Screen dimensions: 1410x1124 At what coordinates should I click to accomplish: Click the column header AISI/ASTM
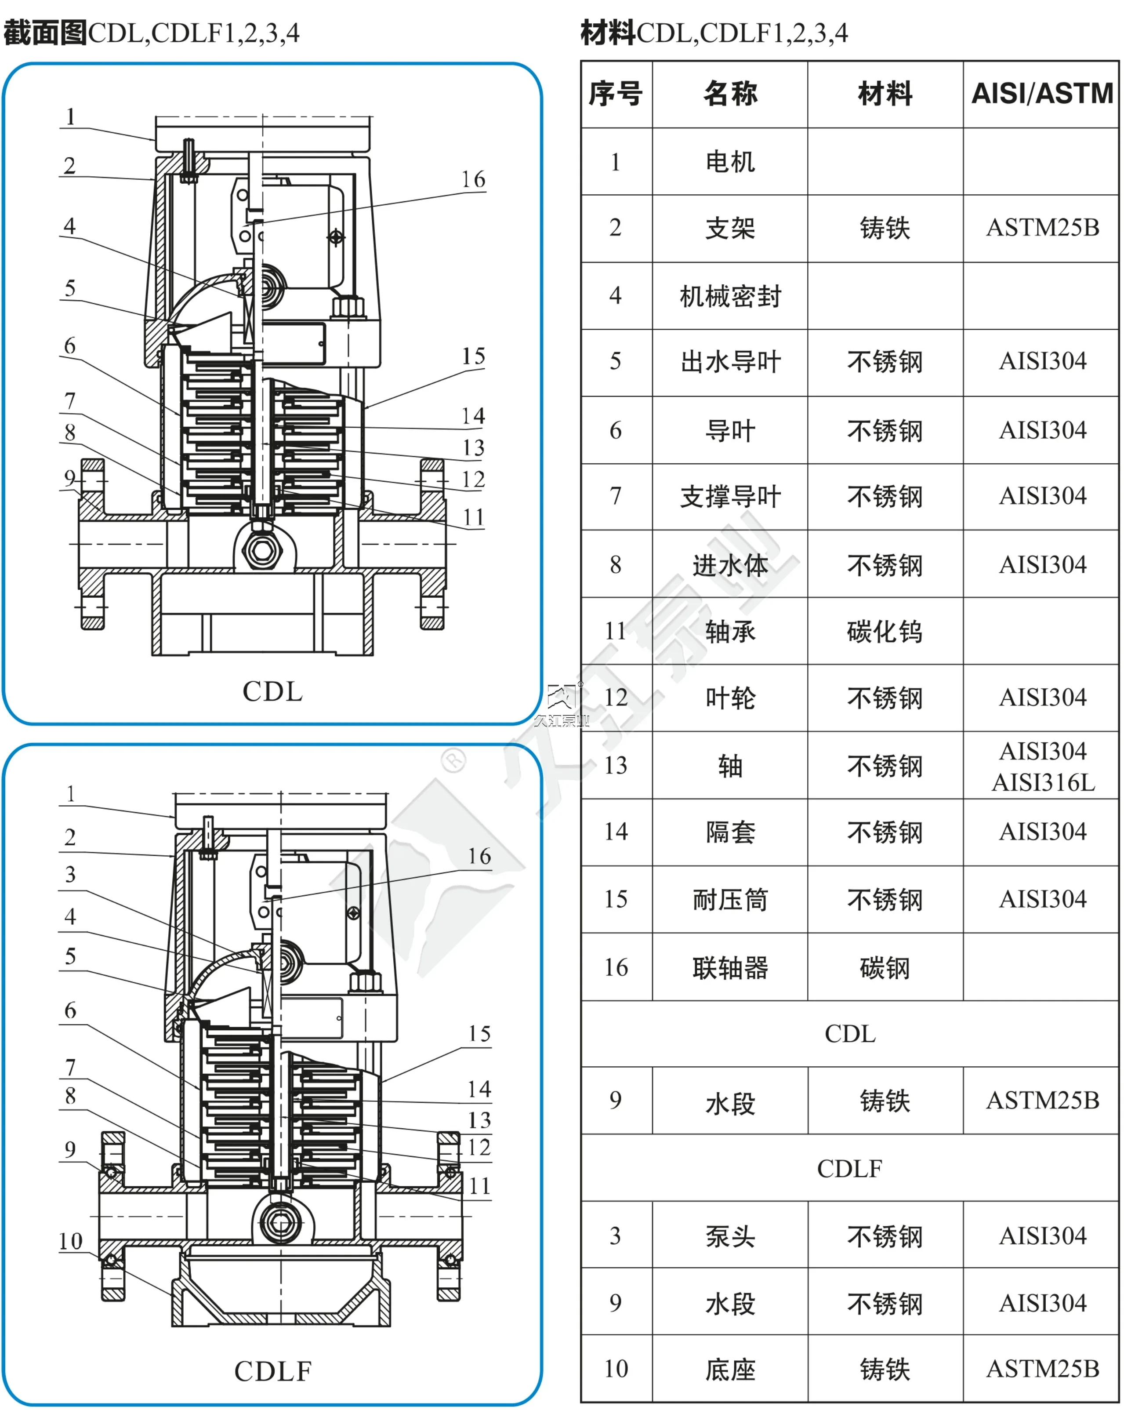[x=1042, y=94]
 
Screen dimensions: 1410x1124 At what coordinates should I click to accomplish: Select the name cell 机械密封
[x=730, y=296]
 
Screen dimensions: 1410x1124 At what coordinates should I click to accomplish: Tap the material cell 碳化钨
[x=885, y=632]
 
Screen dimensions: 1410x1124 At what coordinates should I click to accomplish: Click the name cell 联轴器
[x=730, y=968]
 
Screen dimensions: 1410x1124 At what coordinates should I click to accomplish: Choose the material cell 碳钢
[x=885, y=968]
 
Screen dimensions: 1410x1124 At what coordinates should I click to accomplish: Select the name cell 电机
[x=730, y=162]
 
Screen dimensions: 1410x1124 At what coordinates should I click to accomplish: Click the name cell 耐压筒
[x=730, y=900]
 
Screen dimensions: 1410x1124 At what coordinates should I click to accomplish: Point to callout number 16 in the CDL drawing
[x=473, y=180]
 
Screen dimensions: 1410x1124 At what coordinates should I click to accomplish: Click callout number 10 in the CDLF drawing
[x=71, y=1241]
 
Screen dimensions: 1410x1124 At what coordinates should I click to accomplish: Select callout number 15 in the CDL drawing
[x=473, y=356]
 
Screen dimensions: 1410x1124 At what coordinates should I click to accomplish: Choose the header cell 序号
[x=615, y=94]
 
